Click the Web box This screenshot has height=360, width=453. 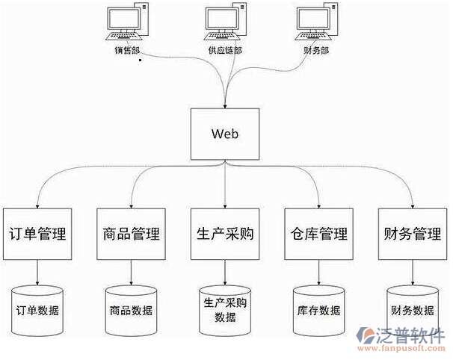point(225,134)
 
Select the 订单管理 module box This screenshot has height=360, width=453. point(37,234)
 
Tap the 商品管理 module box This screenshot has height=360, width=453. point(131,234)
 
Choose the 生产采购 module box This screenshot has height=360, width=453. point(225,234)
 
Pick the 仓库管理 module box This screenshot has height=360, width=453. point(319,234)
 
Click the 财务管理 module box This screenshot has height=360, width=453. point(413,234)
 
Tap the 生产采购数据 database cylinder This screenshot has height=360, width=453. point(225,309)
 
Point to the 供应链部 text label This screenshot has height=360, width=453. point(225,51)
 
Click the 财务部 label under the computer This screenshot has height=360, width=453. point(315,51)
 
